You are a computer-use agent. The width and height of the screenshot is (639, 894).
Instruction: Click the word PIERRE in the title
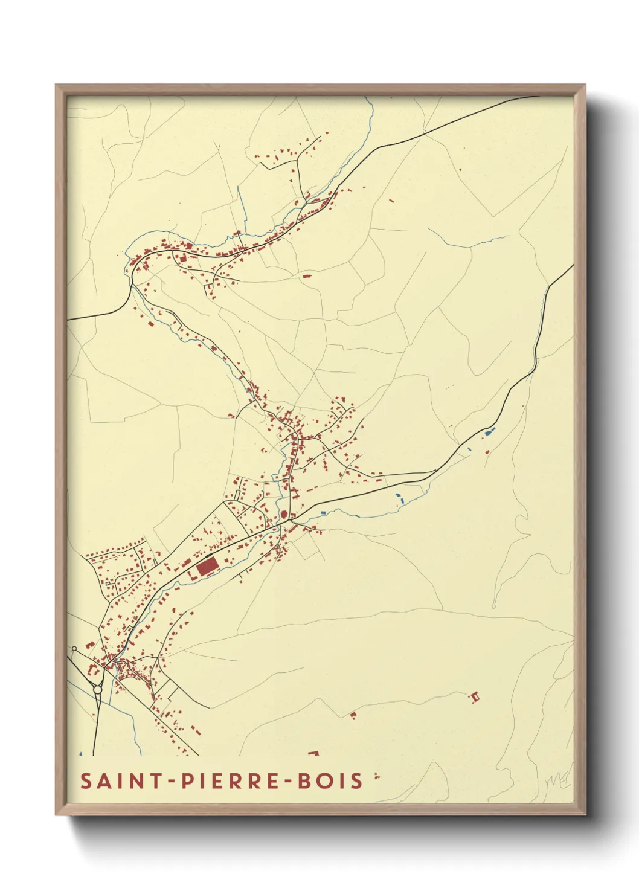[231, 780]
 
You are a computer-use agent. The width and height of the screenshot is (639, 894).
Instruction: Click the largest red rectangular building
[207, 567]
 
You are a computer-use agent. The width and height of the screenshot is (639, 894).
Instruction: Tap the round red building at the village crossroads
[283, 515]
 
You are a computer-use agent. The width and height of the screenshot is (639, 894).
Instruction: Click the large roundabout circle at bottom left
[97, 689]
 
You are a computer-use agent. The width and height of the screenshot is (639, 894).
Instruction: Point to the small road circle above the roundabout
[74, 649]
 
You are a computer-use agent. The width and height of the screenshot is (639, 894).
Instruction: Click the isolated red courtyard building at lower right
[475, 696]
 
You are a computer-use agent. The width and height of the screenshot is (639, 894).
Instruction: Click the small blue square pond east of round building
[324, 513]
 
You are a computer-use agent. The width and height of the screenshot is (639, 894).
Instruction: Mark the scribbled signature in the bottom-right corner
[558, 780]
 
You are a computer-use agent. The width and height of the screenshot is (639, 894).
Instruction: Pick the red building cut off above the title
[313, 753]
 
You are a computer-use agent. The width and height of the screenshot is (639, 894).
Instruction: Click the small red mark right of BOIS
[376, 776]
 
